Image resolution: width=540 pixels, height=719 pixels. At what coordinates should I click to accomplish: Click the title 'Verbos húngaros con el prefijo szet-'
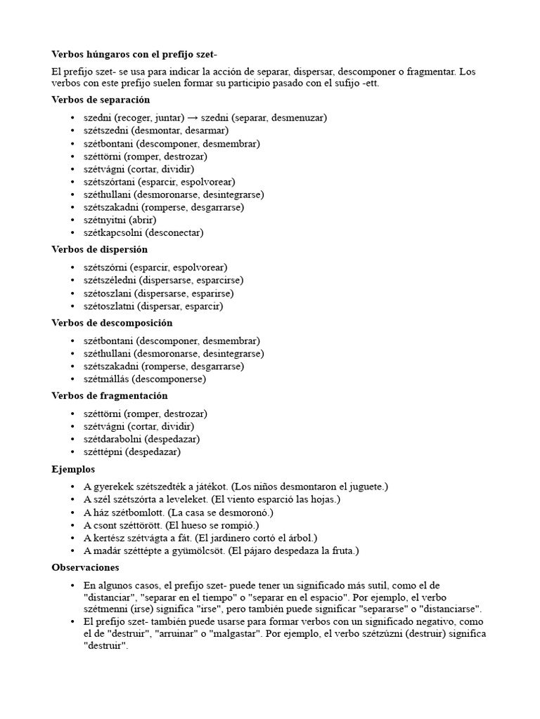point(139,54)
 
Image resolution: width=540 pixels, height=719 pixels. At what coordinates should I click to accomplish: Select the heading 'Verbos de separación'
point(101,100)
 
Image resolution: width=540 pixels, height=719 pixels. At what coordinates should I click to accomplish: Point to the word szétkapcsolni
point(112,232)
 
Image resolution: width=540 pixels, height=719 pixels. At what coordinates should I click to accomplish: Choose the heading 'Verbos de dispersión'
point(99,249)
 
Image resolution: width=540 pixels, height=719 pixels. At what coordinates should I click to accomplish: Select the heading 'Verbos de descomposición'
point(112,323)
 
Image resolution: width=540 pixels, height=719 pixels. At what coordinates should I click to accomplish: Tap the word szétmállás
point(107,379)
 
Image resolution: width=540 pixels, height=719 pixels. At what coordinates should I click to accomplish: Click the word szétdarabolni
point(112,439)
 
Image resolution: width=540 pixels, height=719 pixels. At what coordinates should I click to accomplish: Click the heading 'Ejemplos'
point(73,468)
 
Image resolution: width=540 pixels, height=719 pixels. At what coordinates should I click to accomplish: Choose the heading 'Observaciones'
point(85,567)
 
